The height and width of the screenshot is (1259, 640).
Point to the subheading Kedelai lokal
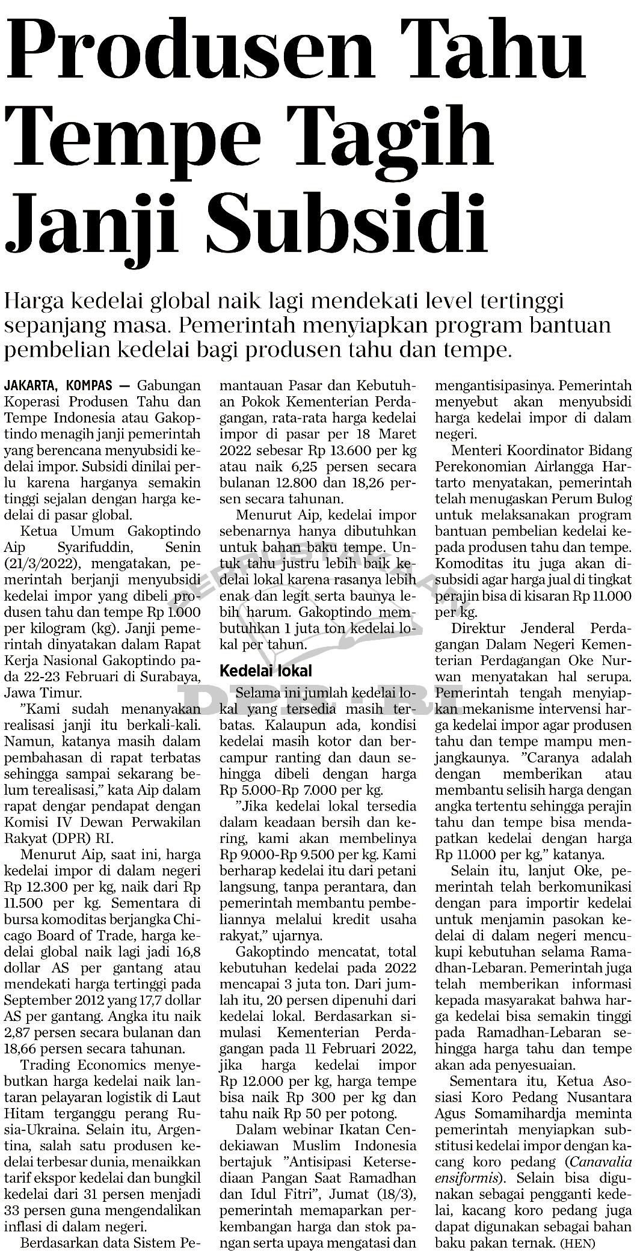tap(265, 670)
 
